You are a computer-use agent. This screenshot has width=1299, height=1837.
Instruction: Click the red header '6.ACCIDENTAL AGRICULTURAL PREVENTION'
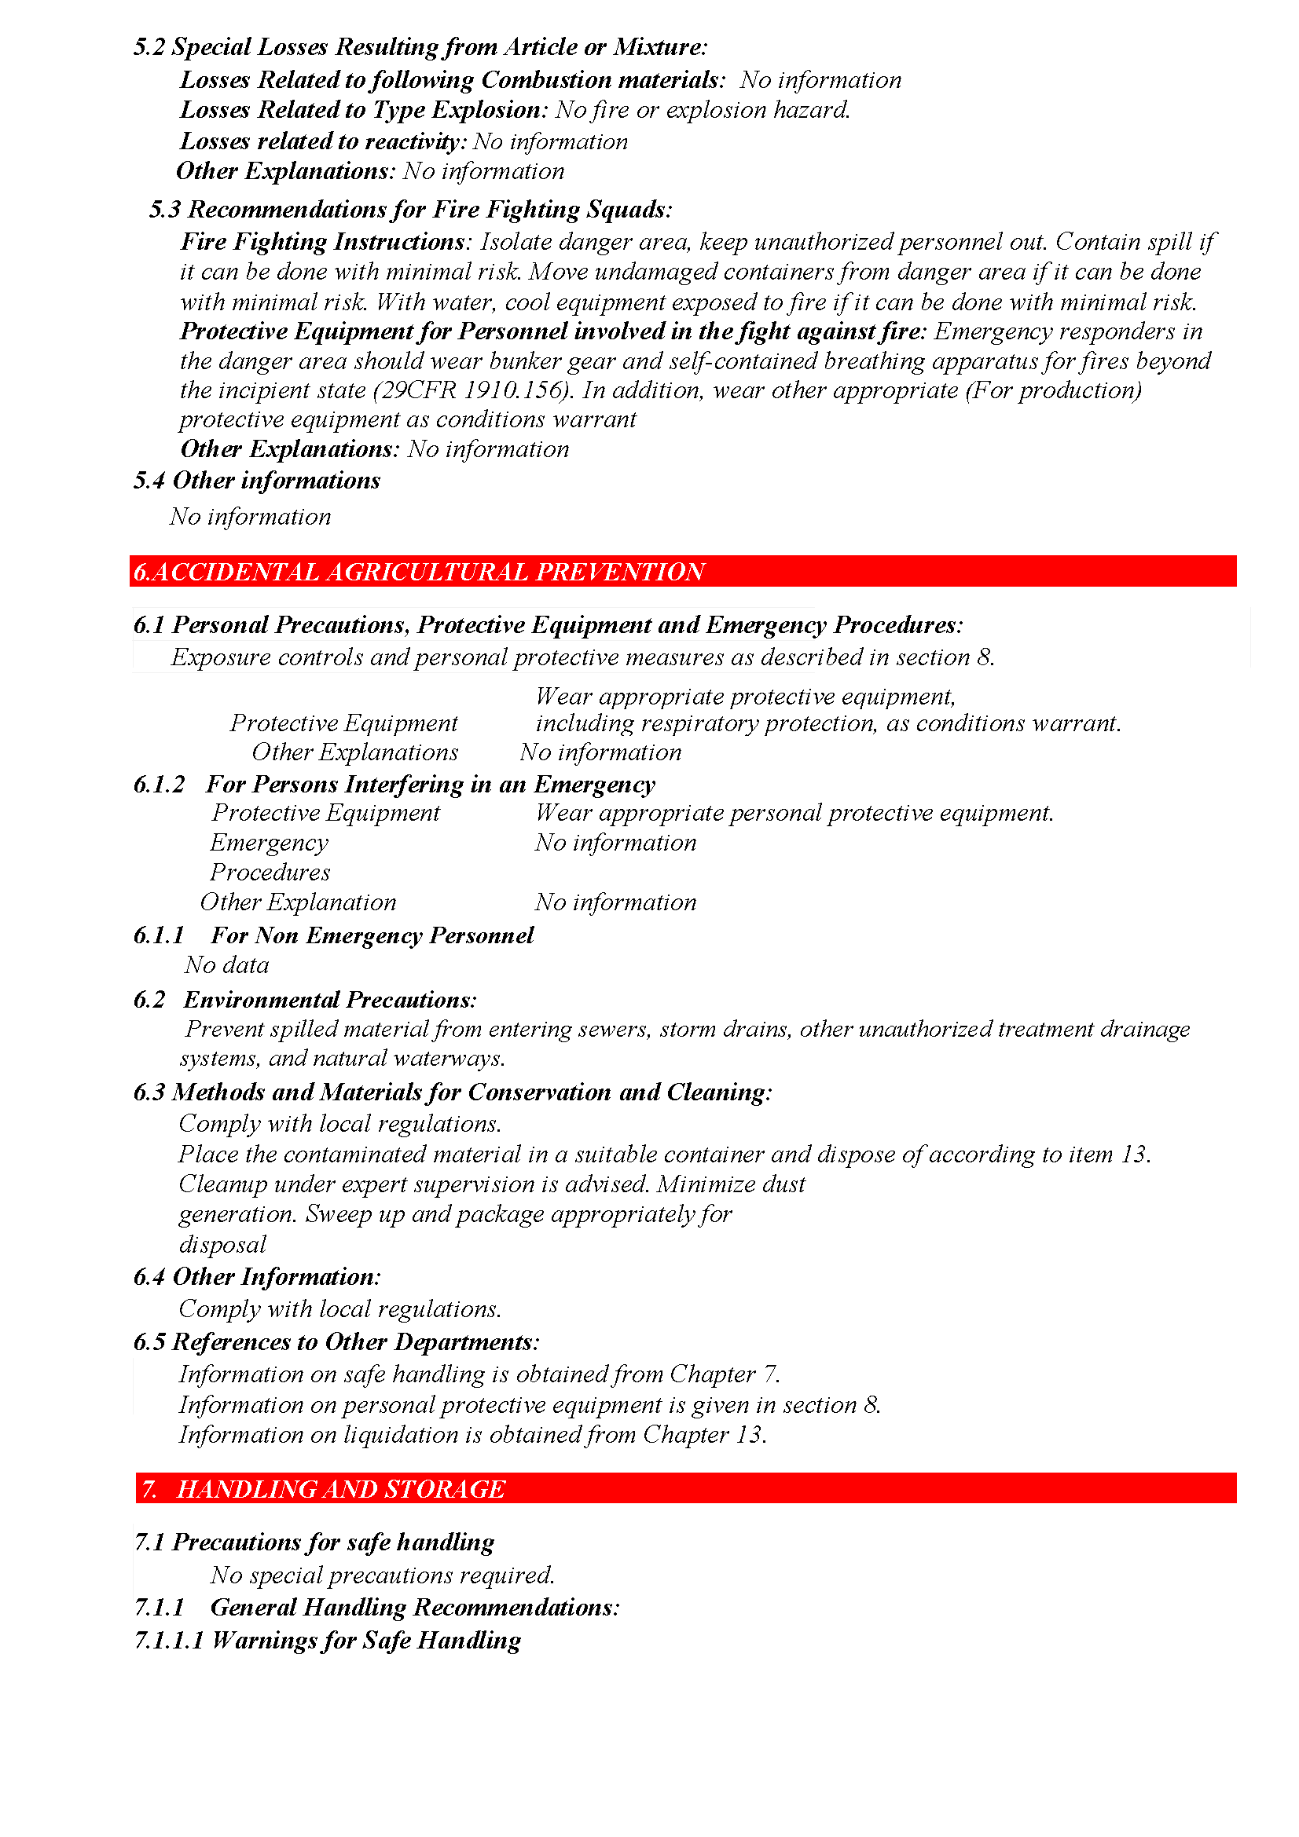tap(419, 571)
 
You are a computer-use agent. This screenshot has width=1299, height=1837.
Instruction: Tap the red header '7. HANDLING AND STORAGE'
tap(323, 1488)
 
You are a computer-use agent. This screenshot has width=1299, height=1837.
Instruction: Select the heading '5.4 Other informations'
tap(257, 480)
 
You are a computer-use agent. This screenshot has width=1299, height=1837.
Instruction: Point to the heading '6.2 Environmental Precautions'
tap(305, 999)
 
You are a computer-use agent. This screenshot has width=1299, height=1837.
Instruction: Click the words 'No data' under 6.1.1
tap(226, 965)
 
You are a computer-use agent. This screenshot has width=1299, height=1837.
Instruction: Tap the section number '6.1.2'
tap(159, 784)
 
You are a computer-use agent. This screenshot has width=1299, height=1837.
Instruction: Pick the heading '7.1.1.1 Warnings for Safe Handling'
tap(328, 1640)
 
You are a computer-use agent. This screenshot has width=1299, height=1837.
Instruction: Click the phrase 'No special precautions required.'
tap(383, 1575)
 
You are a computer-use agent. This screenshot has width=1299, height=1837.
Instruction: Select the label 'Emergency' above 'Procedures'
tap(269, 843)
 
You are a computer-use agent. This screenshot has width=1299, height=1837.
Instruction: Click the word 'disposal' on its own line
tap(222, 1244)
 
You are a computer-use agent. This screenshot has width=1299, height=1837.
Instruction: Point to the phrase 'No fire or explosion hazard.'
tap(703, 110)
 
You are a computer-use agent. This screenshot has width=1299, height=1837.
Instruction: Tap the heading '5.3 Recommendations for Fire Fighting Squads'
tap(409, 209)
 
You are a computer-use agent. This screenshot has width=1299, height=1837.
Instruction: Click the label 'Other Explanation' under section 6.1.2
tap(298, 902)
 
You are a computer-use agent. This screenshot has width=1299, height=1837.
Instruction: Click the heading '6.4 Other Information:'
tap(257, 1276)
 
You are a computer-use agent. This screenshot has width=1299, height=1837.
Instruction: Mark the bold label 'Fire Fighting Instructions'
tap(322, 242)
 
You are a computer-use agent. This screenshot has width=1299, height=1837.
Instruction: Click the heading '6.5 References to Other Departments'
tap(336, 1341)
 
